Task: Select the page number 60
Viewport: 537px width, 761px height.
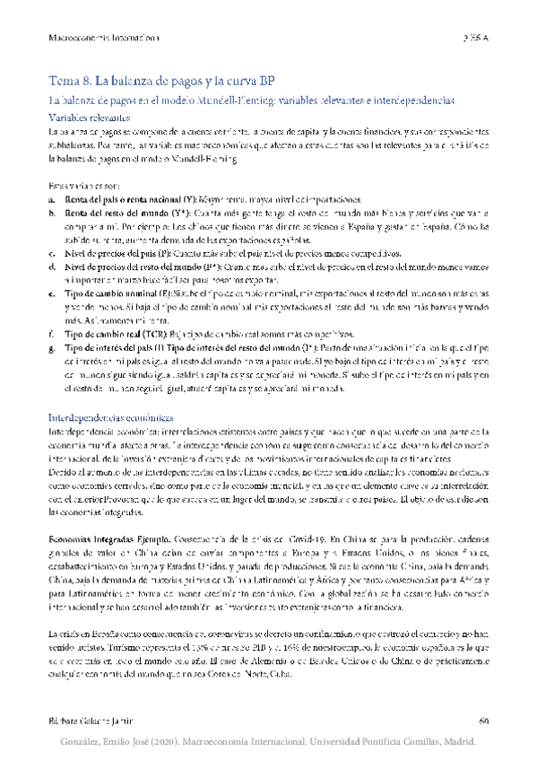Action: point(483,720)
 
